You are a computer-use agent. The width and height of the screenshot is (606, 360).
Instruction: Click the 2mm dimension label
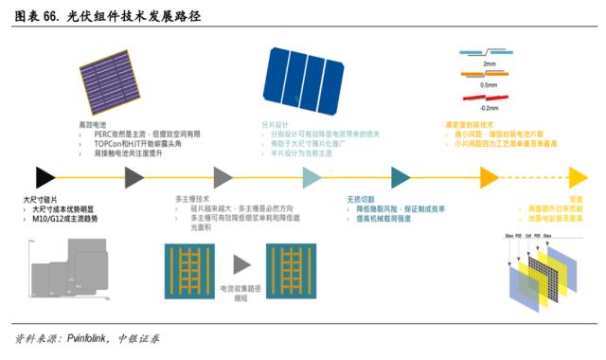click(x=489, y=64)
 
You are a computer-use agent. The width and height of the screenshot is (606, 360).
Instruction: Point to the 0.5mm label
click(x=489, y=85)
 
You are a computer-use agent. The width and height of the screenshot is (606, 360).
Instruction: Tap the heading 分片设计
click(x=273, y=124)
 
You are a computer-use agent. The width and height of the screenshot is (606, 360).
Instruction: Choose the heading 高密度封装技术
click(x=469, y=124)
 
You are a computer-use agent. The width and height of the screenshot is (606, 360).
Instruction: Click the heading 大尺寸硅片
click(x=41, y=200)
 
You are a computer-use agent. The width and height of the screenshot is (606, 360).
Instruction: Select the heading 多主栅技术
click(x=193, y=200)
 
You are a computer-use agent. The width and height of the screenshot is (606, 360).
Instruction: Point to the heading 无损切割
click(x=362, y=200)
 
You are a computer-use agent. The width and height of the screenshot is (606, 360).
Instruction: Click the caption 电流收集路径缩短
click(x=240, y=291)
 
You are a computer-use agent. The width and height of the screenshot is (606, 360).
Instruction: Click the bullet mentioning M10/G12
click(x=64, y=219)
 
